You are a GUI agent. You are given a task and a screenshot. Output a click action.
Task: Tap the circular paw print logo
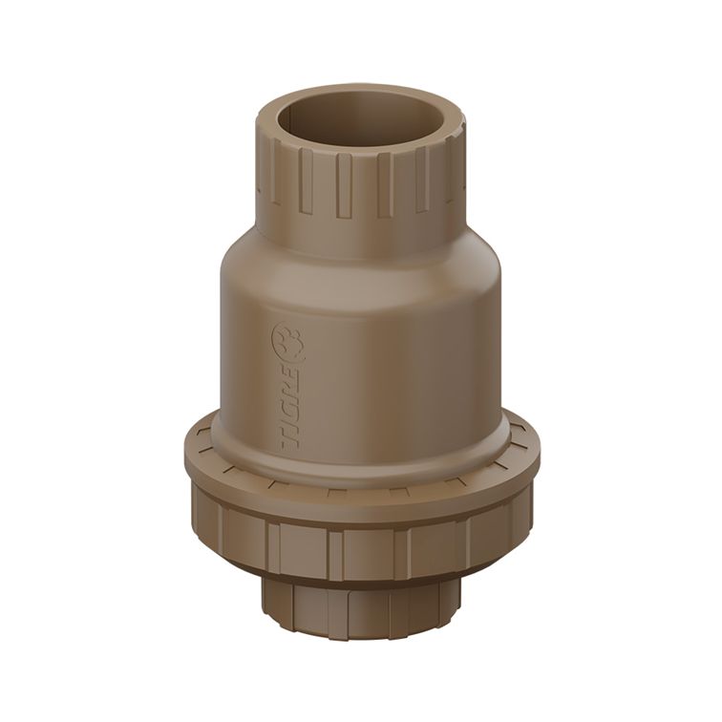(287, 341)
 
